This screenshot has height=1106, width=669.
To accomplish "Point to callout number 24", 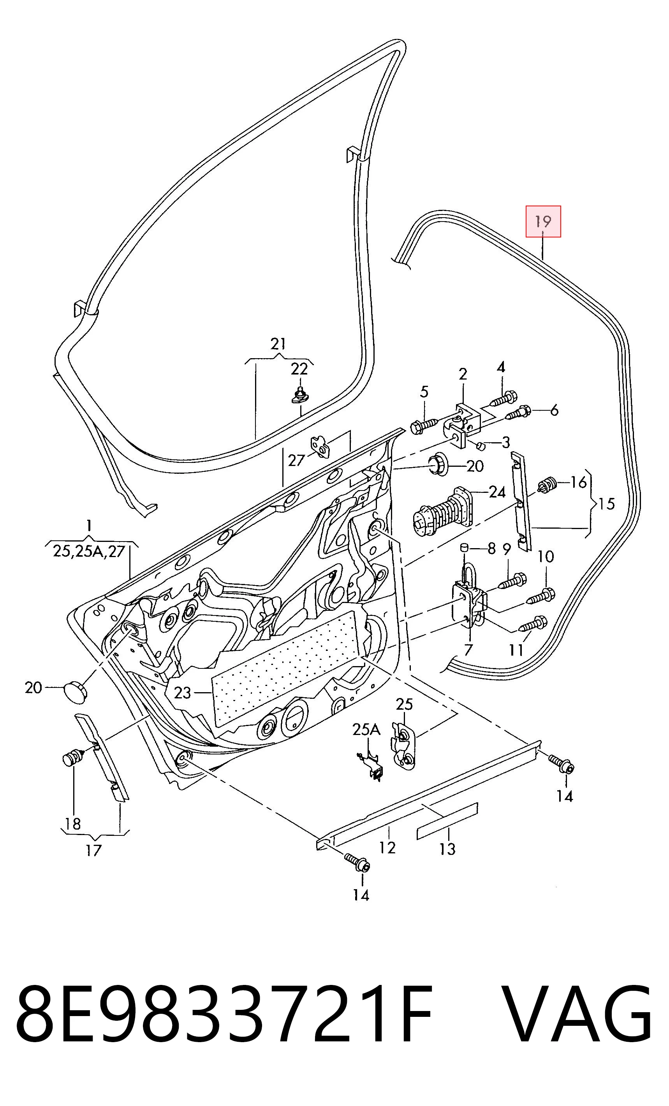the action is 496,492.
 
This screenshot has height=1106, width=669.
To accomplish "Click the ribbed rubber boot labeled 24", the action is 442,512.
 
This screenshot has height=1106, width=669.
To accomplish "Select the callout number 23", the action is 182,693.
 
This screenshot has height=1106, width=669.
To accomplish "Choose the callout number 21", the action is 278,344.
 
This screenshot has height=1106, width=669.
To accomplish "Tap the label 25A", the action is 366,730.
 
